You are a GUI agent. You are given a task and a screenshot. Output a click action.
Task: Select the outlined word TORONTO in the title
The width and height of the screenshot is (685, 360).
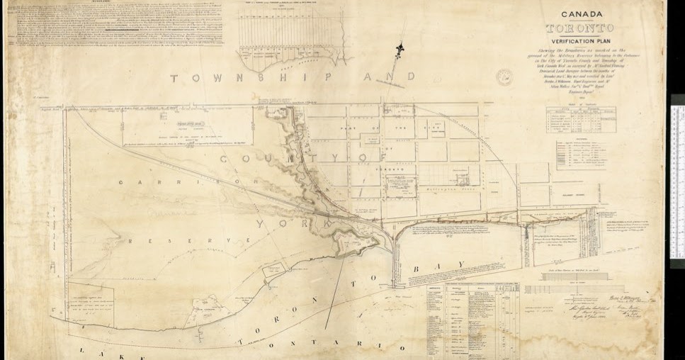click(x=580, y=28)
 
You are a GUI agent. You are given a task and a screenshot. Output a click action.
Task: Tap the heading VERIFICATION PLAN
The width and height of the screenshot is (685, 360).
click(x=581, y=41)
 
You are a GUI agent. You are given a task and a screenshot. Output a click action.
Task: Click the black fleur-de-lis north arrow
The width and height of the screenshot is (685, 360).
click(x=401, y=51)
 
